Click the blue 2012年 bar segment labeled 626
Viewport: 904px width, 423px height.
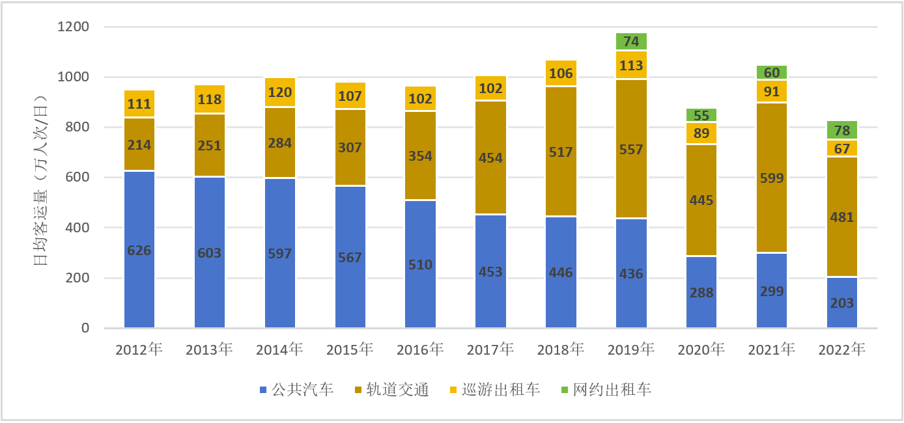point(139,250)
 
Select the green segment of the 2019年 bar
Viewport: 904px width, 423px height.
point(631,42)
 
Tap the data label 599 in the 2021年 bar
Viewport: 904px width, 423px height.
point(772,177)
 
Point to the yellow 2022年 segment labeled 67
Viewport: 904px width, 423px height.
point(841,148)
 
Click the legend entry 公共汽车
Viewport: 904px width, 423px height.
point(296,390)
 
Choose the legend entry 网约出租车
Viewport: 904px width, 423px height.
point(606,390)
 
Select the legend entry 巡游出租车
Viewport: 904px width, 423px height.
point(494,390)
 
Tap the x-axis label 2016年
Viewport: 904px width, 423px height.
point(420,350)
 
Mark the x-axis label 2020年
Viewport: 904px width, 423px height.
point(701,350)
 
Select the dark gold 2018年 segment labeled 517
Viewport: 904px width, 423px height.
point(561,152)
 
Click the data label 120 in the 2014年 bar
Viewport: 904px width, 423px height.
point(280,92)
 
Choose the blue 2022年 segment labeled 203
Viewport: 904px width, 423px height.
point(841,303)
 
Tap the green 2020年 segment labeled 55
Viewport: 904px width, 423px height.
point(701,115)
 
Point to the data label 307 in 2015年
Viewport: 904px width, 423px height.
point(350,148)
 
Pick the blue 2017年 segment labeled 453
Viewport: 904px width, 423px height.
point(490,271)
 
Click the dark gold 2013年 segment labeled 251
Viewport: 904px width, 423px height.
point(210,145)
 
